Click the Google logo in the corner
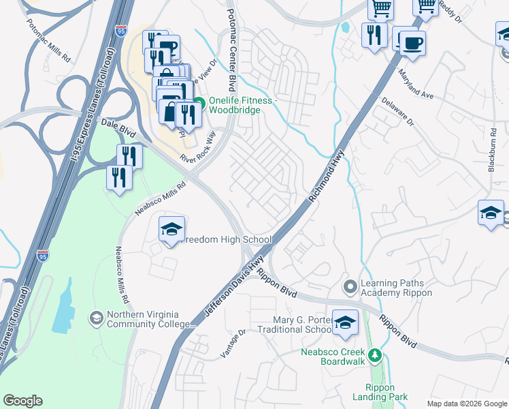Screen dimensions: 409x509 tap(22, 401)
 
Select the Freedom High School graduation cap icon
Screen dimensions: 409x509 tap(172, 229)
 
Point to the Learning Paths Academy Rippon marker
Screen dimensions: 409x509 tap(350, 286)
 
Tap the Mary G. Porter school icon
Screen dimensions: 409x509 tap(345, 322)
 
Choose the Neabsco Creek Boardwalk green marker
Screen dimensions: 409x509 tap(374, 354)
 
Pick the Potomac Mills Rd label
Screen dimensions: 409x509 tap(48, 41)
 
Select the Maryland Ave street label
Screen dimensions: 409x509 tap(416, 83)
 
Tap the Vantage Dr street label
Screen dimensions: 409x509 tap(232, 344)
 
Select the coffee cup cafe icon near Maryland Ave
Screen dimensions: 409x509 tap(412, 44)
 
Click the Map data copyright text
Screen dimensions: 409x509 tap(467, 404)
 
